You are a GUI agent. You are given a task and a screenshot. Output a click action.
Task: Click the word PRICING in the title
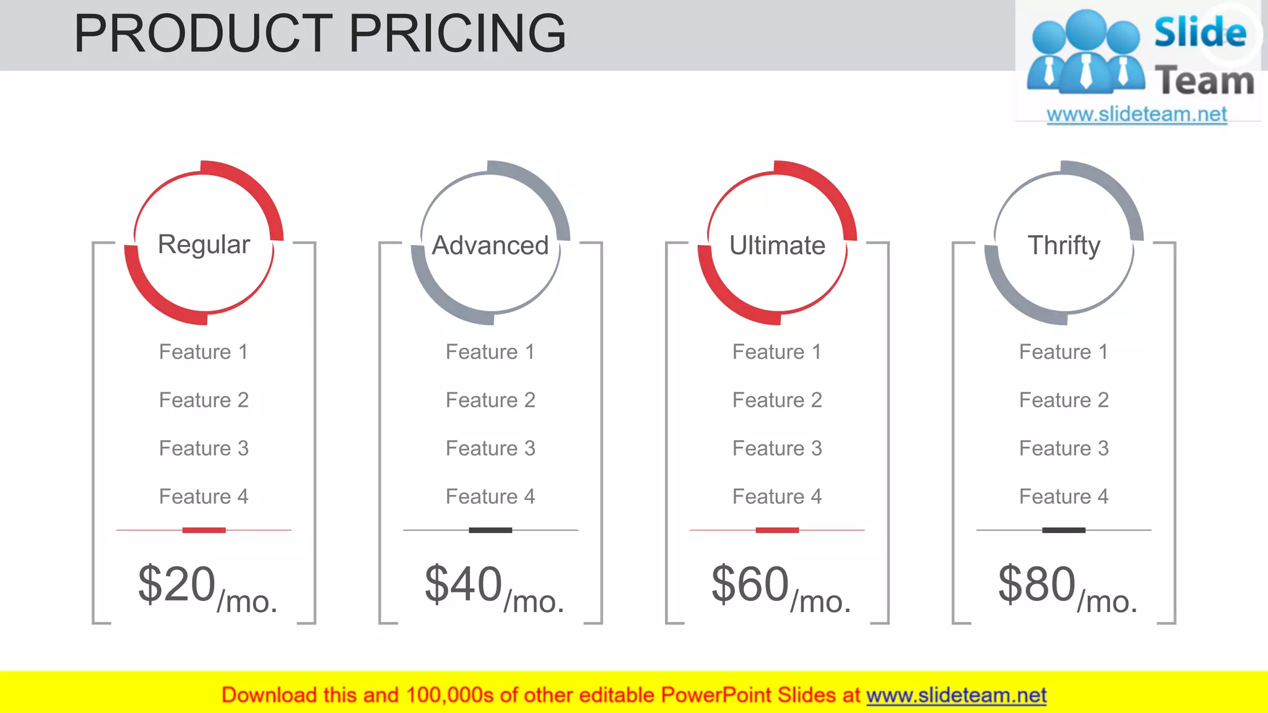[x=457, y=33]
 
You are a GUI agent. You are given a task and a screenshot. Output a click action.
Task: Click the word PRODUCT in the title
[x=203, y=33]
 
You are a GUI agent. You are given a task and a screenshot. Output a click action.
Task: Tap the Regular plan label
[x=204, y=244]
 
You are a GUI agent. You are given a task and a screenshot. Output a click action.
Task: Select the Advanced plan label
[x=490, y=246]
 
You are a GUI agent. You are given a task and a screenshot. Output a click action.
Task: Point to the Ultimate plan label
[x=777, y=246]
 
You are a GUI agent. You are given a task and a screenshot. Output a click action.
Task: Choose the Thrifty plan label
[x=1064, y=246]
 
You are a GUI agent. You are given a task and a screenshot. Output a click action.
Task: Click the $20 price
[x=177, y=584]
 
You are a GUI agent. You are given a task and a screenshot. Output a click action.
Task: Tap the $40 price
[x=464, y=584]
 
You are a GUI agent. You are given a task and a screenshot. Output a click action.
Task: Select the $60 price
[x=750, y=584]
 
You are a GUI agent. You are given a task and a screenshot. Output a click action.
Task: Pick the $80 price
[x=1037, y=584]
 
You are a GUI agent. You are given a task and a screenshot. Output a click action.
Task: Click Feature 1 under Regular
[x=204, y=352]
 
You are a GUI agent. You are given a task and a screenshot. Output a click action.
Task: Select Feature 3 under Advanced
[x=490, y=449]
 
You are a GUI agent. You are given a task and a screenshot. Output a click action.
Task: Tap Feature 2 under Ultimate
[x=777, y=400]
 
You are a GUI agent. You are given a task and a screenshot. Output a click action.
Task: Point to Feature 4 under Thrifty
[x=1064, y=497]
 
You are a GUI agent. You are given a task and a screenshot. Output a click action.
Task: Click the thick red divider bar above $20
[x=204, y=530]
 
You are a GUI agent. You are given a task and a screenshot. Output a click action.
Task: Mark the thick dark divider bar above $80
[x=1064, y=530]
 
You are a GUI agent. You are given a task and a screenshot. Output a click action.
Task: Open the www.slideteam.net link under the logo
[x=1137, y=115]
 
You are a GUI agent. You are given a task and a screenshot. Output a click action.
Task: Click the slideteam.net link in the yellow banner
[x=956, y=696]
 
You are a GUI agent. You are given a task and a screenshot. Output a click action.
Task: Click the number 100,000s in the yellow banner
[x=449, y=696]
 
